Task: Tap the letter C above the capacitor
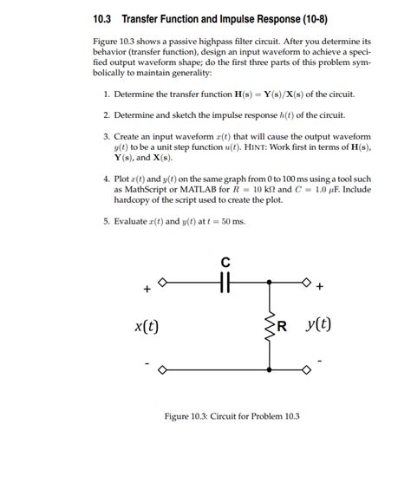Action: pyautogui.click(x=225, y=262)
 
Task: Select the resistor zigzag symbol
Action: pyautogui.click(x=271, y=326)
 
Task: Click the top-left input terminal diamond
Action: pyautogui.click(x=161, y=281)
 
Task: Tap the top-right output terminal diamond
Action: pyautogui.click(x=305, y=281)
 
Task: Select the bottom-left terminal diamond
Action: pyautogui.click(x=161, y=369)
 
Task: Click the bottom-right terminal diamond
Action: pyautogui.click(x=305, y=369)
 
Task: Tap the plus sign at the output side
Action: pyautogui.click(x=321, y=286)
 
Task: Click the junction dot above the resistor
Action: pyautogui.click(x=271, y=281)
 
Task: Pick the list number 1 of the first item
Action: pyautogui.click(x=105, y=94)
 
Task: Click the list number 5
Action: pyautogui.click(x=105, y=221)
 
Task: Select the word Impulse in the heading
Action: pyautogui.click(x=245, y=19)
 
